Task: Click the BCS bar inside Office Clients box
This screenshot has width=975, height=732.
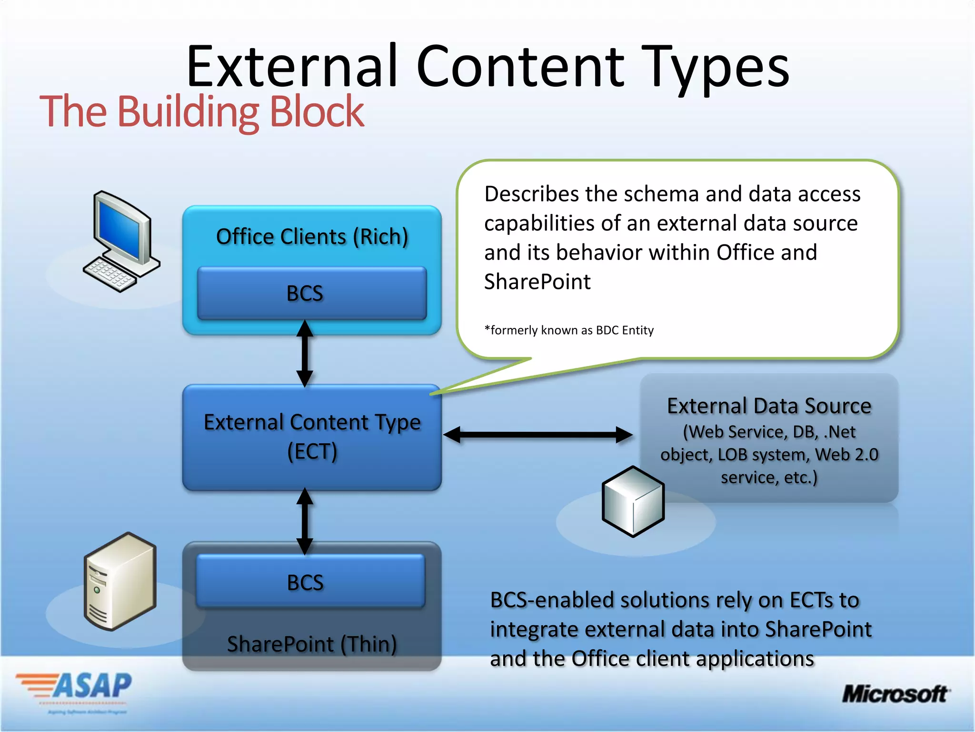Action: (x=312, y=293)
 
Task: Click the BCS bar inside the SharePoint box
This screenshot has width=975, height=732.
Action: (x=310, y=582)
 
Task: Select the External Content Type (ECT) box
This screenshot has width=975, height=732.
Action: (x=312, y=437)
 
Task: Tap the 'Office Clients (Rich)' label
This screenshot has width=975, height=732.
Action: (x=312, y=237)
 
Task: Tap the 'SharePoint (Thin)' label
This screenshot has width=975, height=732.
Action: (x=312, y=644)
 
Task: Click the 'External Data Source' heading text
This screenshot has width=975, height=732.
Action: (x=769, y=406)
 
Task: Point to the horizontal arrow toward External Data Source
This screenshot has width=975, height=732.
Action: (x=538, y=435)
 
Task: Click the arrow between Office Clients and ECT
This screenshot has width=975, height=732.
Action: (x=305, y=353)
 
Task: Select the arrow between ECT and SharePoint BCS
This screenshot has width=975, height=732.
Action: (x=305, y=521)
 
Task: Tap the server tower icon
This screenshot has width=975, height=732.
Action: (x=120, y=581)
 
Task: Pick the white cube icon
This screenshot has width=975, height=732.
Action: (x=633, y=501)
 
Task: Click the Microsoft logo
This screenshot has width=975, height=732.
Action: (x=895, y=694)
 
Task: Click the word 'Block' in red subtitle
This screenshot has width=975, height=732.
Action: (x=317, y=112)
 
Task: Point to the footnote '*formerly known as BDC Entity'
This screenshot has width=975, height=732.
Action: (x=569, y=330)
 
